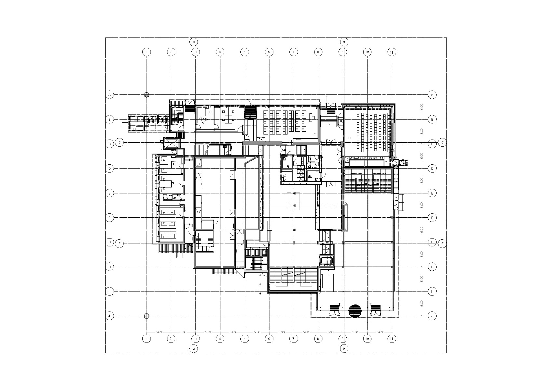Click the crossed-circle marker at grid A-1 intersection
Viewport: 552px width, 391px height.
pos(147,95)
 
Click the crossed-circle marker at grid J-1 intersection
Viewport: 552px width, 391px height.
pos(147,316)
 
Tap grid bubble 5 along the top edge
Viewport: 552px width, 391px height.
pos(244,52)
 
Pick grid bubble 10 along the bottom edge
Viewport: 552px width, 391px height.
pos(367,339)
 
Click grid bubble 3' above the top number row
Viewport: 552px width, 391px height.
pos(194,42)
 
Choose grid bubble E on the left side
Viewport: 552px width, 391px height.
pos(110,193)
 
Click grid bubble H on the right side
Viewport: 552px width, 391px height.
pos(432,267)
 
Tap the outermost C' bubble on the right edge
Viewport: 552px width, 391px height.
pos(442,142)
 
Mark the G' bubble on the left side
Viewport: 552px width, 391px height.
pos(120,243)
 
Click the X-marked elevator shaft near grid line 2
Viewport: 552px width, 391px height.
pos(172,143)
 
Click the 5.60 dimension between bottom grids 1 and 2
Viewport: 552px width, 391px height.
pos(159,332)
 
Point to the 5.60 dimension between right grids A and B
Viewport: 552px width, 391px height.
pos(422,107)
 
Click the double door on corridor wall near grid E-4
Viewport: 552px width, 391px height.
pos(232,176)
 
